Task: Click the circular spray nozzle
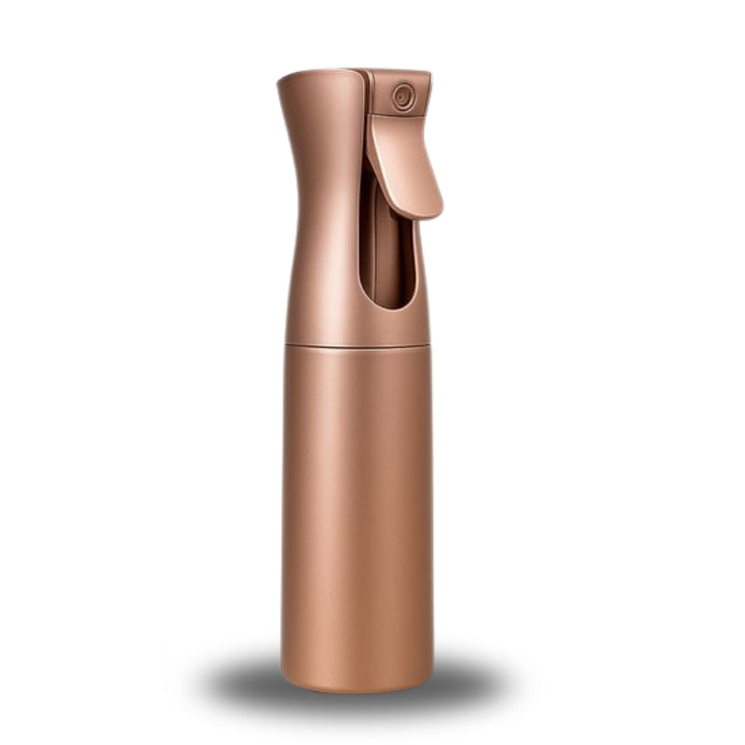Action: pyautogui.click(x=403, y=96)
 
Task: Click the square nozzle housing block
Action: pyautogui.click(x=400, y=93)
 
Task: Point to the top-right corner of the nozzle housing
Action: pyautogui.click(x=428, y=74)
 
